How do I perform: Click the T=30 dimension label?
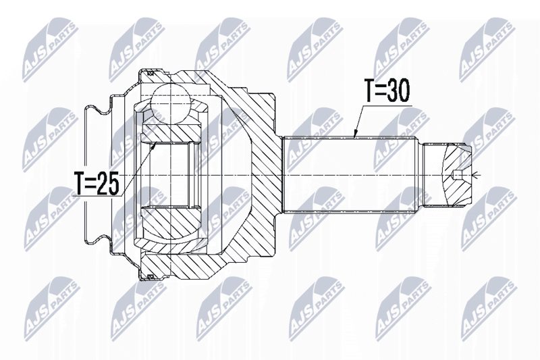pyautogui.click(x=387, y=91)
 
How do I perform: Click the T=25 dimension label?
pyautogui.click(x=97, y=183)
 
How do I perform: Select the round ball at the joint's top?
pyautogui.click(x=171, y=104)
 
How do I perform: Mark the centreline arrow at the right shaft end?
pyautogui.click(x=475, y=176)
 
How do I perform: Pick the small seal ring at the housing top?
pyautogui.click(x=150, y=73)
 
